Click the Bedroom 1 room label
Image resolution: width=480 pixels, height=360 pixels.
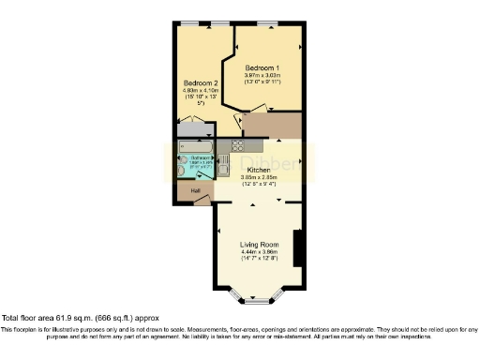coord(262,68)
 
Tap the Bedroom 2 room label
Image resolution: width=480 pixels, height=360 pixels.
coord(201,82)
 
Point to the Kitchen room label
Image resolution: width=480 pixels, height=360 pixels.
coord(258,170)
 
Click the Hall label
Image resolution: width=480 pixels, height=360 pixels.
coord(195,191)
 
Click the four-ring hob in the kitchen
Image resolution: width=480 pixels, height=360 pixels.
coord(237,145)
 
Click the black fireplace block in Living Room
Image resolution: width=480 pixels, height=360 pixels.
coord(297,247)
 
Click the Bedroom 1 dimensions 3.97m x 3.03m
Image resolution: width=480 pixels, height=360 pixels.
coord(262,76)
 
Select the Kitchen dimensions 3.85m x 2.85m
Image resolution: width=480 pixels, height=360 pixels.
coord(258,177)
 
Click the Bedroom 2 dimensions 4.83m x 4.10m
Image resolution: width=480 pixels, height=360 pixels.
coord(201,90)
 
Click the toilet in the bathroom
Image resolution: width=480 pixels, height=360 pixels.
coord(182,171)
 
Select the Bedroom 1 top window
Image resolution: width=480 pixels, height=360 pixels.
coord(267,22)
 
